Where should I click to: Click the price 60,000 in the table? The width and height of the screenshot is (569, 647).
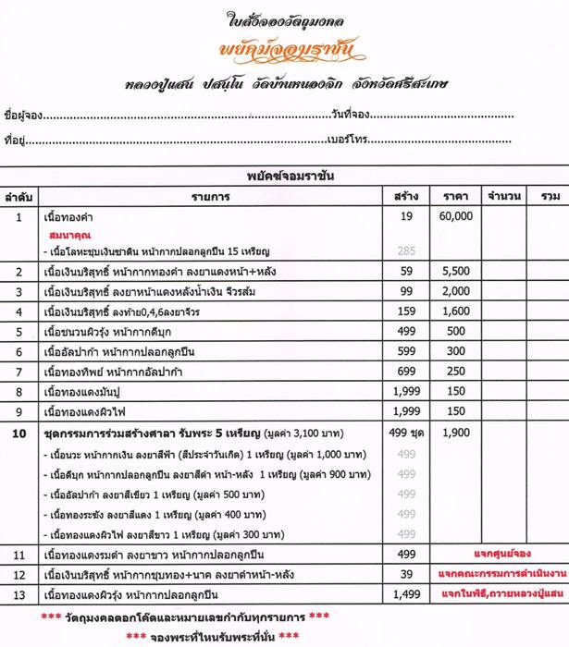(455, 215)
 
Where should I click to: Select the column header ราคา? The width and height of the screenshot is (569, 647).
(455, 196)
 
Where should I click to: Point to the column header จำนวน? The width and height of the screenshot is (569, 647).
(504, 196)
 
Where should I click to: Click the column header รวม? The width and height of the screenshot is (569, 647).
(550, 196)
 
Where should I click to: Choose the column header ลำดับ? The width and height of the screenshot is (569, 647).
(19, 196)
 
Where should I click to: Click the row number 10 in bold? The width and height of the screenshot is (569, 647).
(19, 431)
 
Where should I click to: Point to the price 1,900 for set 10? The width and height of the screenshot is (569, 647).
(455, 431)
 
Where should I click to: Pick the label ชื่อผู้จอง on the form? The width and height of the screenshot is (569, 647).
(23, 115)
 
